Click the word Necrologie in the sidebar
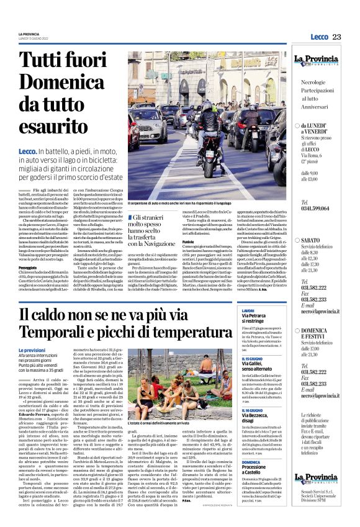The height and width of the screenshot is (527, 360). point(317,82)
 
